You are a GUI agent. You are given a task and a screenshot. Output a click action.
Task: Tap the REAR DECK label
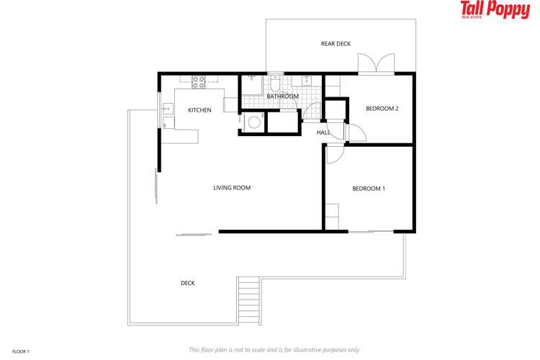click(336, 44)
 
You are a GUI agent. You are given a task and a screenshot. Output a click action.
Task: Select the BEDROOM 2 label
click(382, 109)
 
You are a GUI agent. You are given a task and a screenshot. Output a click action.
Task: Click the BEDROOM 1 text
click(368, 189)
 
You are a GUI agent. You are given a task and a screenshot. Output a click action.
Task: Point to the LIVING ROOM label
click(232, 188)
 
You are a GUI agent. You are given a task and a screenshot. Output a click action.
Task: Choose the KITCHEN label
click(199, 110)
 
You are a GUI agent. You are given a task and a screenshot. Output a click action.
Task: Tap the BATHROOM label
click(282, 96)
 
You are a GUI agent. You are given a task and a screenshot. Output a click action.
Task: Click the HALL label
click(323, 132)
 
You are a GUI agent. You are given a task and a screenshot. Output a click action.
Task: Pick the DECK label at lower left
click(187, 283)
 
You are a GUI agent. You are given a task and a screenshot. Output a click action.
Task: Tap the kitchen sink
click(166, 109)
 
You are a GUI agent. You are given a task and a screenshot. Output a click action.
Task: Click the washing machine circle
click(253, 123)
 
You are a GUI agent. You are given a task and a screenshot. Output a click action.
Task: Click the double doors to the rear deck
click(377, 63)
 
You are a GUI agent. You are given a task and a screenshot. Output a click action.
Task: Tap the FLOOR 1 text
click(21, 351)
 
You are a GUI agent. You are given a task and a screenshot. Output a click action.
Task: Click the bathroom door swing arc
click(311, 109)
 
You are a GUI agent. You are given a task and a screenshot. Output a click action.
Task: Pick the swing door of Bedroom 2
click(356, 133)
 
